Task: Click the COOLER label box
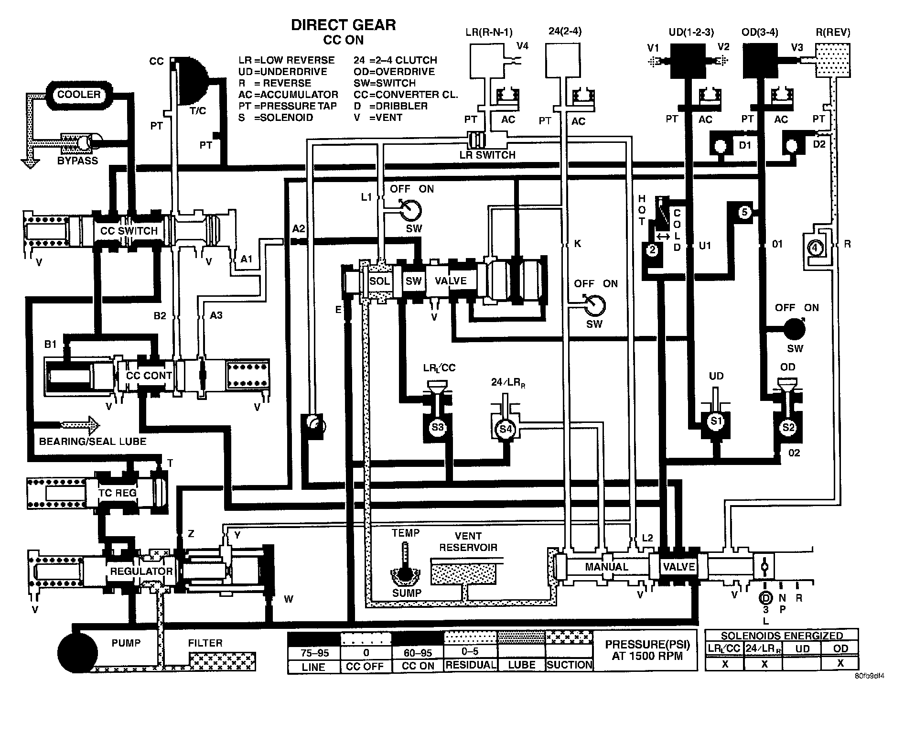pos(79,95)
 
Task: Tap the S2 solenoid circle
pos(788,427)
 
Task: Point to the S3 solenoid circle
pos(438,427)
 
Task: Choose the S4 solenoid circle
pos(506,429)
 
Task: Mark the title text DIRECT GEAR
pos(343,25)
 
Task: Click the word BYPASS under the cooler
pos(77,161)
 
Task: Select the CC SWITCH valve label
pos(129,231)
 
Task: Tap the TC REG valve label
pos(118,493)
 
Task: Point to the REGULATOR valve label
pos(141,572)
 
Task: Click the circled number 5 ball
pos(744,212)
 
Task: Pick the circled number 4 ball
pos(816,248)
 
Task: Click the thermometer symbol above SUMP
pos(405,557)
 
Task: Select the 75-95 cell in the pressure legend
pos(313,653)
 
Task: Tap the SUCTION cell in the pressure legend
pos(569,665)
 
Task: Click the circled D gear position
pos(765,598)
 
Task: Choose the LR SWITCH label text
pos(487,155)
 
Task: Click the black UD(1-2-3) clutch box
pos(688,61)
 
